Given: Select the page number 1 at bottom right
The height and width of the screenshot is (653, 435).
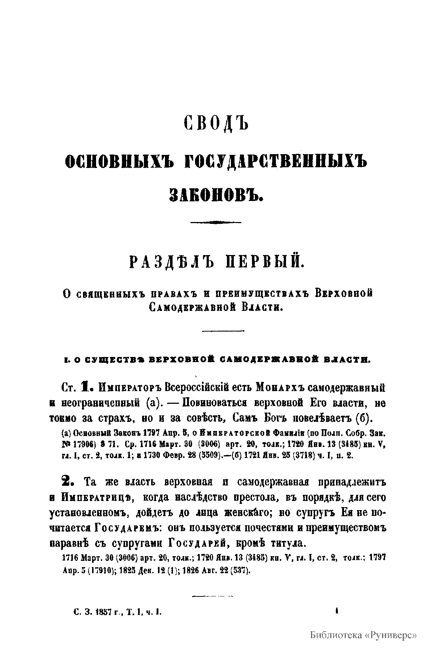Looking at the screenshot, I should point(337,612).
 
